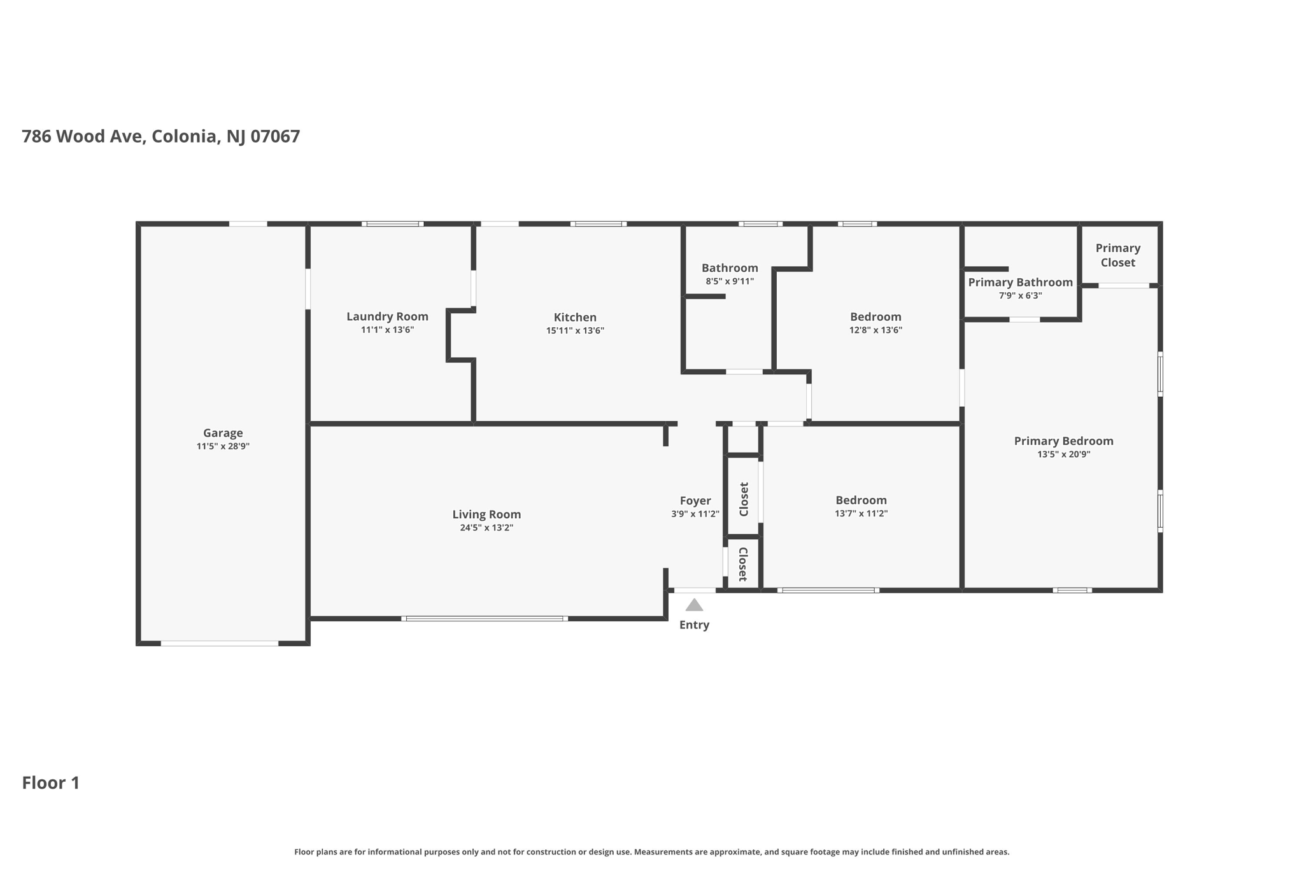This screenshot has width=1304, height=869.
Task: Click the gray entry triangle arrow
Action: coord(694,605)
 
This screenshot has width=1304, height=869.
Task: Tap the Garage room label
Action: coord(223,433)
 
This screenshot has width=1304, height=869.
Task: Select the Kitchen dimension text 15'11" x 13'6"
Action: coord(575,330)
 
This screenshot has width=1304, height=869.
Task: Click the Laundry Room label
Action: coord(387,316)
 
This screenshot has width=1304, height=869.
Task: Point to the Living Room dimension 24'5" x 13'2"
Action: coord(486,528)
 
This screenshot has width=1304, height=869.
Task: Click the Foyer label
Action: coord(695,500)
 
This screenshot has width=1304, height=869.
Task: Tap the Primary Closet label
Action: coord(1117,255)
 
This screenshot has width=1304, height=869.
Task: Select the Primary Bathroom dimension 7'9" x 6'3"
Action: coord(1020,295)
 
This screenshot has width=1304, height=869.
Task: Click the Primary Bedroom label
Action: coord(1063,441)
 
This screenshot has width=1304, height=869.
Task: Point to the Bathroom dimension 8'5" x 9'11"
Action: coord(730,281)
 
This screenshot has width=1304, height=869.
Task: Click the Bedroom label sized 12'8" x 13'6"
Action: coord(875,316)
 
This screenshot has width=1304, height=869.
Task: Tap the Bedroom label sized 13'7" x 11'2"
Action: coord(861,500)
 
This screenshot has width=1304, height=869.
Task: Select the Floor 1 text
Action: coord(51,782)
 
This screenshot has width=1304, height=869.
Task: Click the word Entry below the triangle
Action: coord(694,625)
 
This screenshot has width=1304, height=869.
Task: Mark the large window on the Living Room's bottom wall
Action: coord(485,618)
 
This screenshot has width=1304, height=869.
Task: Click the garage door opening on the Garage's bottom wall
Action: coord(219,643)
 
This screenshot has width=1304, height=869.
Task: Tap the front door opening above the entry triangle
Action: coord(695,590)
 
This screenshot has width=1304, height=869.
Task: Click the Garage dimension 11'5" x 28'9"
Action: coord(223,446)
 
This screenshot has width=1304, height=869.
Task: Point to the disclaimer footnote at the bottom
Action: coord(651,852)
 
